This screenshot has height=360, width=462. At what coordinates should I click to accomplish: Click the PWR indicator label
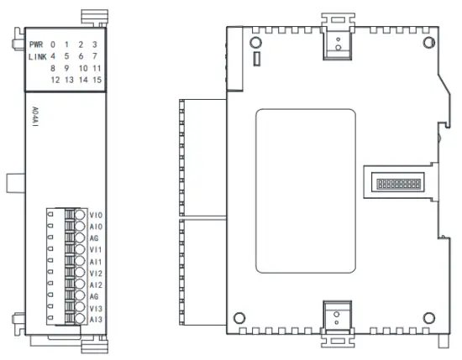click(x=36, y=44)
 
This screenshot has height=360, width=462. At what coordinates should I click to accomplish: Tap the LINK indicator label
click(x=38, y=56)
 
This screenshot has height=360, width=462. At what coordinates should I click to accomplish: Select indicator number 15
click(x=97, y=80)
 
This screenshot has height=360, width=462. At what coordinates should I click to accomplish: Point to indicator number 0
click(x=53, y=44)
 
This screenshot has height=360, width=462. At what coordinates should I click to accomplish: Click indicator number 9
click(x=66, y=68)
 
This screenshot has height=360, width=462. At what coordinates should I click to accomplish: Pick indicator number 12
click(x=55, y=80)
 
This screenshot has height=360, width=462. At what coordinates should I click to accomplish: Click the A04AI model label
click(x=35, y=117)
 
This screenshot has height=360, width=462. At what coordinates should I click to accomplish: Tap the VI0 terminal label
click(x=96, y=215)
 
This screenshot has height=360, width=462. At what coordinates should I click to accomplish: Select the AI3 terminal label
click(x=96, y=320)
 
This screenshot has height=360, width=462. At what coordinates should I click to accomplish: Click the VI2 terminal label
click(x=96, y=274)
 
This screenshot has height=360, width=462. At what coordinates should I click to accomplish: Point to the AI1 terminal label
click(x=96, y=262)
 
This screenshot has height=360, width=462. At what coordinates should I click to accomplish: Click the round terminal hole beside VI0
click(x=80, y=215)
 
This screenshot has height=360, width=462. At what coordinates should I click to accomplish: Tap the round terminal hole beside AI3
click(x=80, y=319)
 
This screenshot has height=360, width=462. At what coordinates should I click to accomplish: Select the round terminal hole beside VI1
click(x=80, y=249)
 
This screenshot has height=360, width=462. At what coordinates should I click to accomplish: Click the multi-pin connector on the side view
click(x=398, y=185)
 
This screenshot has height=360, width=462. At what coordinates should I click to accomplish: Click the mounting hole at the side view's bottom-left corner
click(x=239, y=318)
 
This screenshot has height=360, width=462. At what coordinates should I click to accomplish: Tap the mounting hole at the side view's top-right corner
click(x=429, y=43)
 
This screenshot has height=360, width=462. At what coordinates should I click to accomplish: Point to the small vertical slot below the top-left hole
click(x=257, y=59)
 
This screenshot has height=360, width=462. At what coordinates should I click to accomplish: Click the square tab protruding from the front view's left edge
click(x=16, y=184)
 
